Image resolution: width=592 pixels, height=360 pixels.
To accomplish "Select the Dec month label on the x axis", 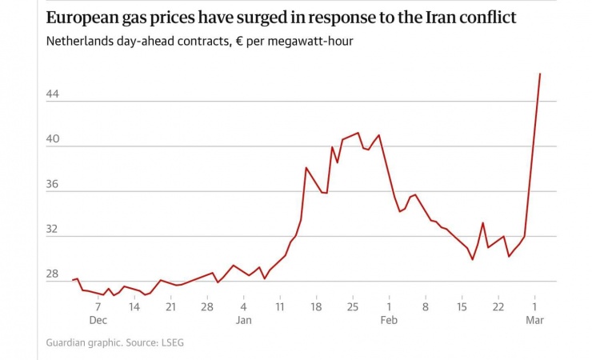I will pos(98,320).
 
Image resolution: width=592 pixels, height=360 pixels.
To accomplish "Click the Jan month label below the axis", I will pos(244,320).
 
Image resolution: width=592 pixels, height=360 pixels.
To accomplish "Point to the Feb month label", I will pos(389,320).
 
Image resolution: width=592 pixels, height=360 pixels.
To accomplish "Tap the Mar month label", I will pos(534,320).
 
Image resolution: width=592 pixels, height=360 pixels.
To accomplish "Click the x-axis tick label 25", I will pos(352,306).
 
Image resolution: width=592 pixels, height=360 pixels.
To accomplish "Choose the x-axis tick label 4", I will pos(244,306).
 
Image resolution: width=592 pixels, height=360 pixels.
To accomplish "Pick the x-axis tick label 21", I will pos(170,306).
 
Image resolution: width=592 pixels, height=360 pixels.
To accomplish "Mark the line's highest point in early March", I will pos(540,74).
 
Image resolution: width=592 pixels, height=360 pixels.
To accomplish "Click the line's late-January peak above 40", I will pos(358,133).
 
